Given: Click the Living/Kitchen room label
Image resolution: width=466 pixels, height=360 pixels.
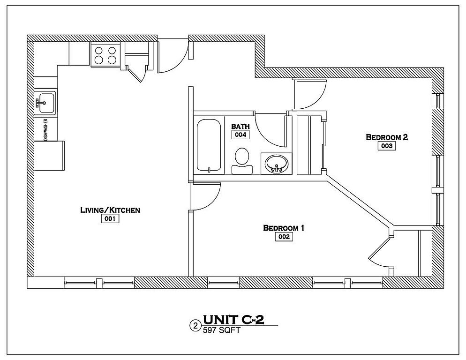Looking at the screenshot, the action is [110, 210].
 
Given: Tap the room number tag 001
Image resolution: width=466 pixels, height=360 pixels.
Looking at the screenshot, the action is [110, 219].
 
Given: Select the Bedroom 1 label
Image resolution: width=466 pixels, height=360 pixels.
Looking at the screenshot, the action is [284, 228].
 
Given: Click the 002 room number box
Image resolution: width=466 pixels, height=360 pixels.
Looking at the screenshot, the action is [284, 237].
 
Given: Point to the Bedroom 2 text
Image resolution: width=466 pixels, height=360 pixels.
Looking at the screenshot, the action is [387, 137].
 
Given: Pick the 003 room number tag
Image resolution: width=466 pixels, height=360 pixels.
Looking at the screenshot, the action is [387, 146].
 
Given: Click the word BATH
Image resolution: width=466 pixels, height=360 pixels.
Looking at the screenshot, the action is [241, 127].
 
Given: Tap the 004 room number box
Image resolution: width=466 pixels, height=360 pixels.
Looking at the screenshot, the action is [241, 135].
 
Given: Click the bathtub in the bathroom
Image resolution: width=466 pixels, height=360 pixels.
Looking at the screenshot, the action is [209, 145].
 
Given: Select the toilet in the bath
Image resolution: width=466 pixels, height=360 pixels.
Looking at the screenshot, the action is [242, 160].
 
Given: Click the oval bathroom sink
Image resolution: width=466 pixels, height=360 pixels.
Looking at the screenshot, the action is [277, 164].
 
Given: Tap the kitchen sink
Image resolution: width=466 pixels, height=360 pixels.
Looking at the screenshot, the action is [45, 103].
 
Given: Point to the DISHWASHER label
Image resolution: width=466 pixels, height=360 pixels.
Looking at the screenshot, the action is [46, 130].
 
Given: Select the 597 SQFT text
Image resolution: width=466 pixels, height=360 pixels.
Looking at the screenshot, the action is [221, 330].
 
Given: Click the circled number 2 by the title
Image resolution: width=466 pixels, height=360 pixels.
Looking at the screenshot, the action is [195, 326].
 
